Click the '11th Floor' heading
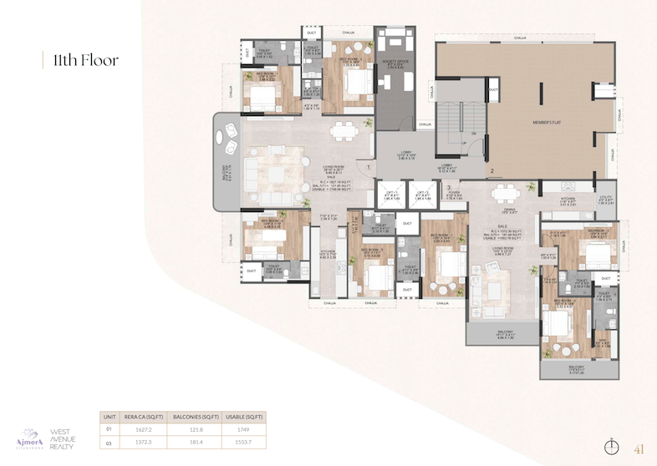[86, 60]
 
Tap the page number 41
[640, 447]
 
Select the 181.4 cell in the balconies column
[194, 443]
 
